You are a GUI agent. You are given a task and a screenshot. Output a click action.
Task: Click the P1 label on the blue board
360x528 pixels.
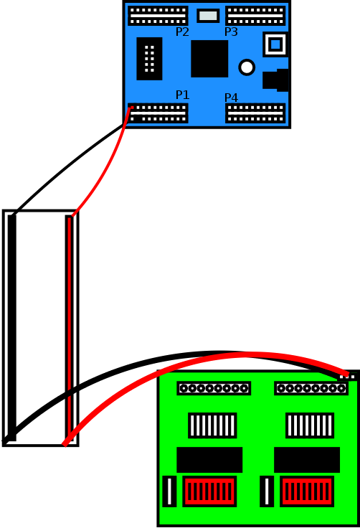pos(182,95)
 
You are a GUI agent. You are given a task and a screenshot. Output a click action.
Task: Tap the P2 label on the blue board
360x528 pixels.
pos(182,32)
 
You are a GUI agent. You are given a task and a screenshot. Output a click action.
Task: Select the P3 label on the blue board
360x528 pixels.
pos(231,32)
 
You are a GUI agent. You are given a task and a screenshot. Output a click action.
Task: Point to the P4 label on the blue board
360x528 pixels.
pos(231,98)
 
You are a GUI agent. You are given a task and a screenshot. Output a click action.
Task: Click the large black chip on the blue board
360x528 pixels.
pos(209,59)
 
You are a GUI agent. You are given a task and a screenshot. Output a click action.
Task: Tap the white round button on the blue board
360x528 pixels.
pos(247,67)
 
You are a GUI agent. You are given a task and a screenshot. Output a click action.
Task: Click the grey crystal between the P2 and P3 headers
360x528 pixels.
pos(208,16)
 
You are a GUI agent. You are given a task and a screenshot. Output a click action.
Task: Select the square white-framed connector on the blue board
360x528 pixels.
pos(275,44)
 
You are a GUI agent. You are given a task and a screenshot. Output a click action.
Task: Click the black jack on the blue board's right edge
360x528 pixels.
pos(276,80)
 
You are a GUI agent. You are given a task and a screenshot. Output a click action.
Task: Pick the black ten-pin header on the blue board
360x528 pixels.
pos(149,59)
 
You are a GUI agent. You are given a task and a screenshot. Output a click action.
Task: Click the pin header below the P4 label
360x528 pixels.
pos(255,113)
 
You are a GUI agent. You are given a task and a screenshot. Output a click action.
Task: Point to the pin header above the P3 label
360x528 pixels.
pos(255,16)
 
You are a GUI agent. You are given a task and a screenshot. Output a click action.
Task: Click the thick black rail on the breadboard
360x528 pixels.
pos(11,328)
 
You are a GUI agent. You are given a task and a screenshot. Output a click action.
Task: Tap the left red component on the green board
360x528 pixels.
pos(209,491)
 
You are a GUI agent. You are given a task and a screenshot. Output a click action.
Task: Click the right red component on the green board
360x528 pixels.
pos(307,491)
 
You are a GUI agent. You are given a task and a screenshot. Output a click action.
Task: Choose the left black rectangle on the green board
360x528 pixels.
pos(209,460)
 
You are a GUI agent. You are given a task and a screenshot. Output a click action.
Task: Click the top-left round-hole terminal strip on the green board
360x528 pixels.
pos(214,388)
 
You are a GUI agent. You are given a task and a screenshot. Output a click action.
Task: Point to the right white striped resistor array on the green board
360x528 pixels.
pos(310,425)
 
